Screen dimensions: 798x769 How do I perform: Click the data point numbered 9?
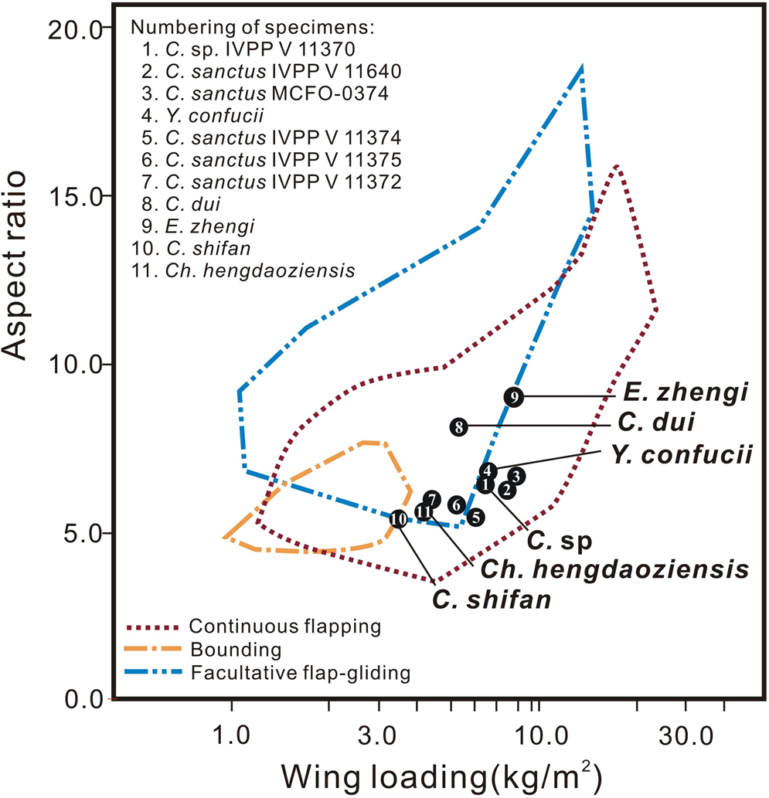click(x=515, y=396)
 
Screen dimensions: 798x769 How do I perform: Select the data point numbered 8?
click(x=459, y=426)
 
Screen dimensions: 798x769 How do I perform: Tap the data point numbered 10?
click(x=398, y=519)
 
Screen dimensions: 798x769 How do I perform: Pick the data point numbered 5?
click(x=476, y=517)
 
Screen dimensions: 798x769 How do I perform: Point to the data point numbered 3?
click(x=517, y=476)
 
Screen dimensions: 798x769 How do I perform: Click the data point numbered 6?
click(x=457, y=504)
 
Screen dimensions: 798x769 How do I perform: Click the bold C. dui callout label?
click(x=664, y=423)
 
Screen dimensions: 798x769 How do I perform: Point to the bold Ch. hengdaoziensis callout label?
click(x=614, y=569)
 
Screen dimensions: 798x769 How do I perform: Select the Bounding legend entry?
click(x=233, y=649)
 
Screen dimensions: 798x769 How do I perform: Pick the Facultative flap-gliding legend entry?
click(x=298, y=672)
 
